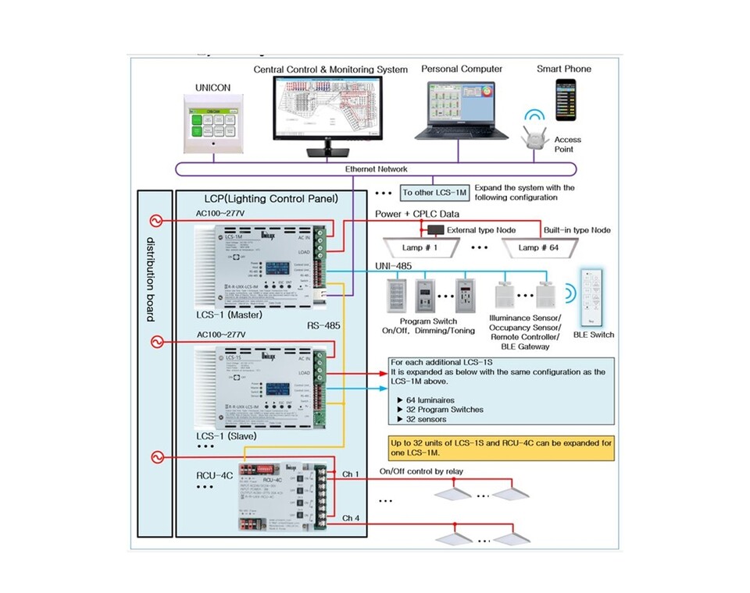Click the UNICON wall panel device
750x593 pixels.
(211, 125)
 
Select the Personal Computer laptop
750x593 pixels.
(462, 109)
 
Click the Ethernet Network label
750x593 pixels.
(377, 169)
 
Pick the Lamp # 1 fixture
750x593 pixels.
(420, 249)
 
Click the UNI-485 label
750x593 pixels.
(393, 267)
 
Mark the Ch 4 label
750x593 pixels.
(351, 518)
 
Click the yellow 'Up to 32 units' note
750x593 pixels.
(501, 447)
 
